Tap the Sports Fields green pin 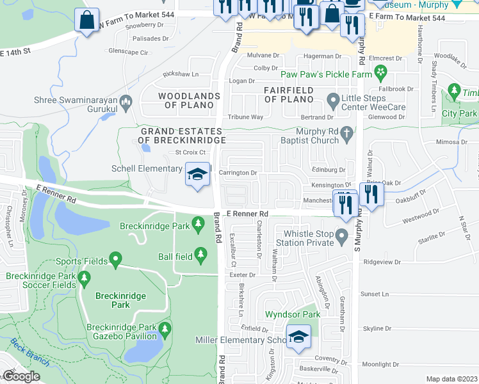point(115,260)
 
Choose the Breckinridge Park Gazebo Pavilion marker point(165,331)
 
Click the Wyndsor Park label point(292,314)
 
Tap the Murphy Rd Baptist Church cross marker point(346,134)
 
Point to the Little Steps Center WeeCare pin point(333,100)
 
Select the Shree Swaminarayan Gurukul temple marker point(126,100)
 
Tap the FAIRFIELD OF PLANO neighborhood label point(289,95)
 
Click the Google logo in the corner point(21,376)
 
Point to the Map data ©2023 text point(451,379)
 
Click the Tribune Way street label point(246,117)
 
